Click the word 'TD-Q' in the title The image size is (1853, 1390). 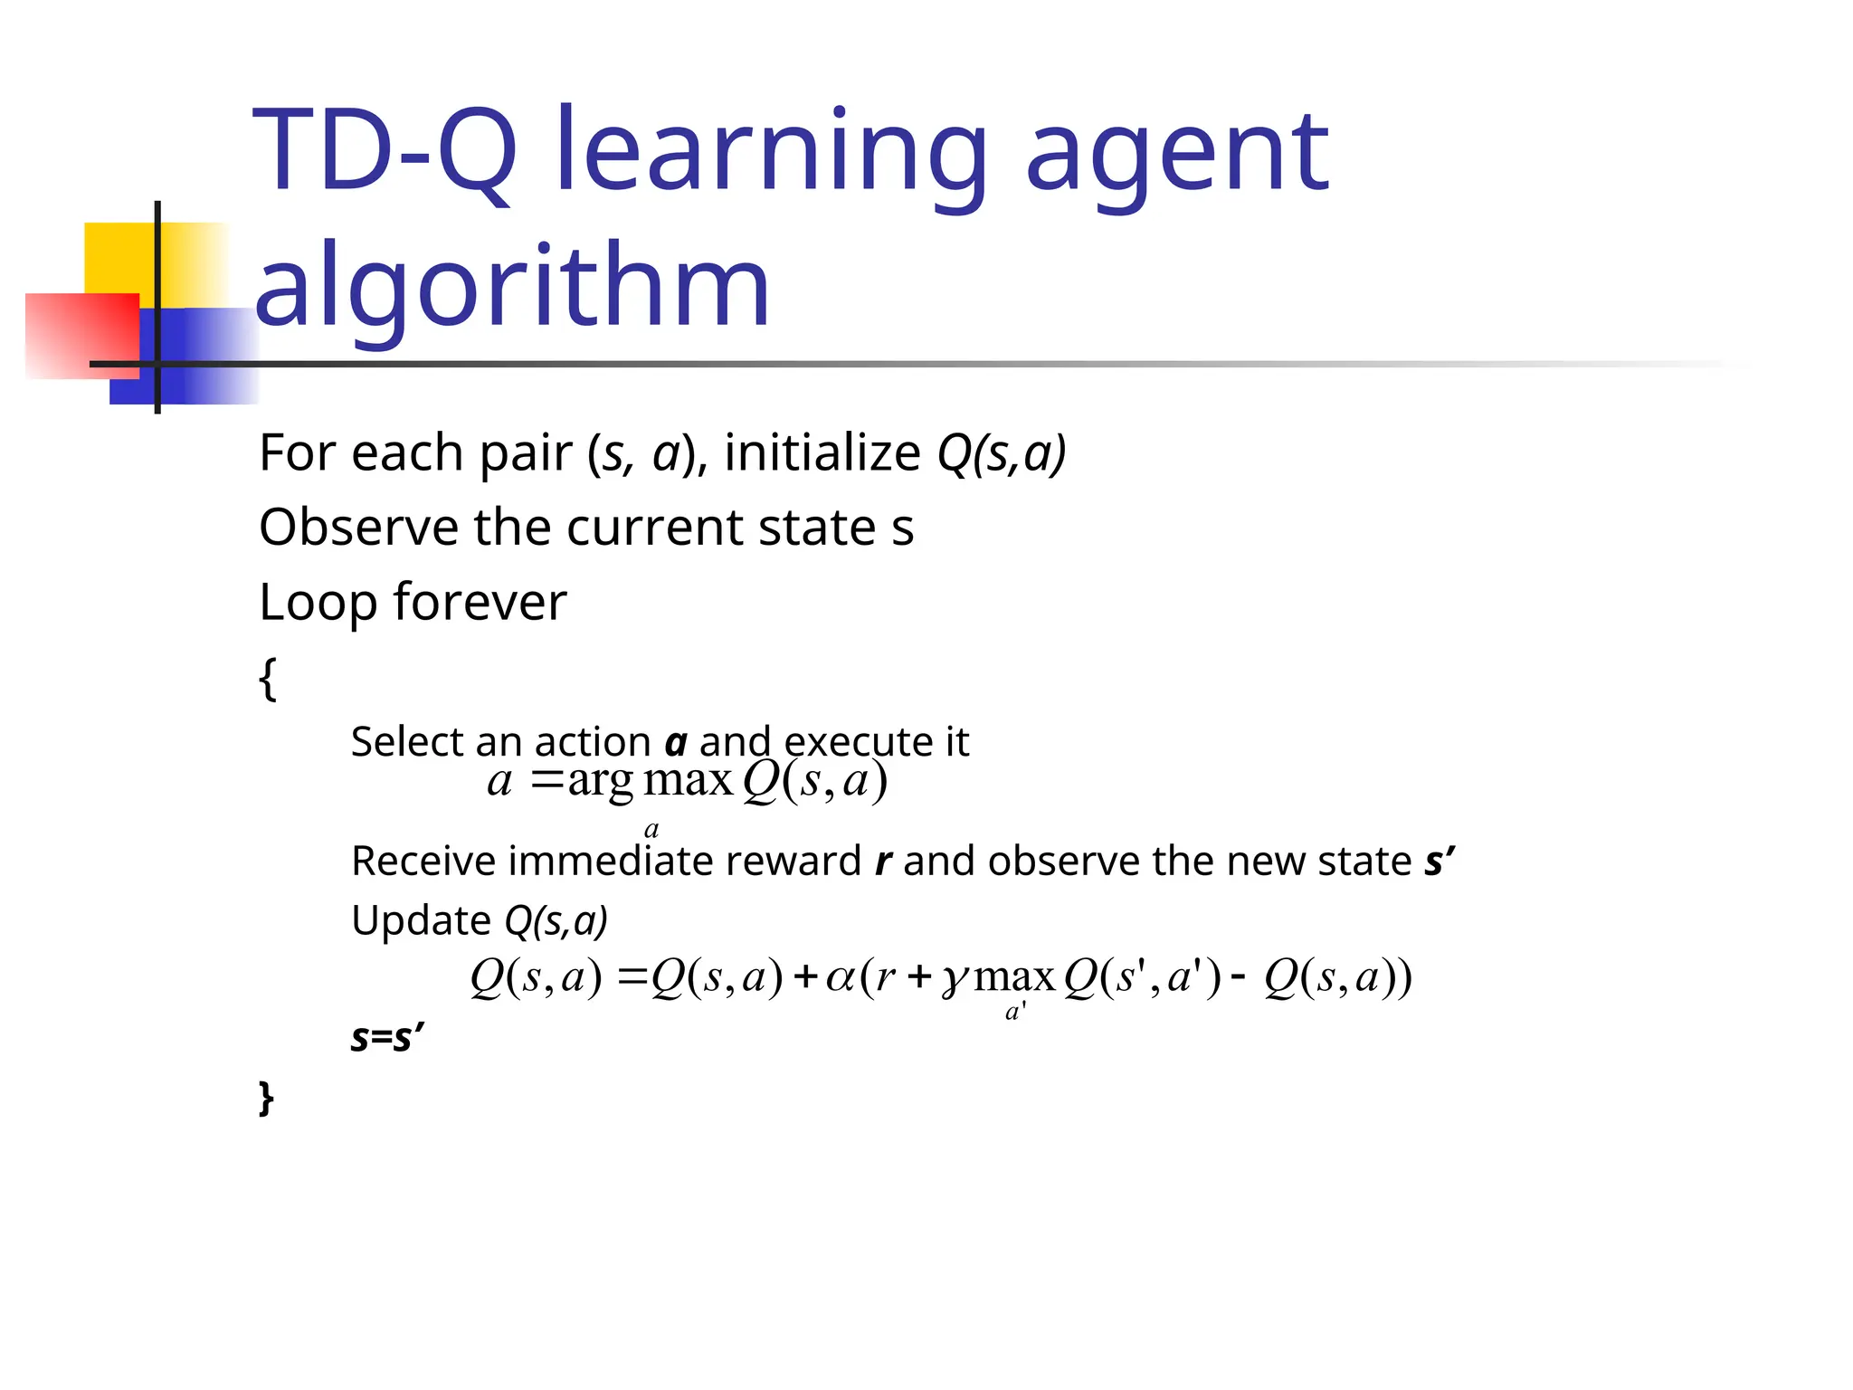point(384,152)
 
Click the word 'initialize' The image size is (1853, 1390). point(822,452)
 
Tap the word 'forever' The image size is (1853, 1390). point(480,602)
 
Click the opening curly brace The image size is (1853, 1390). point(268,679)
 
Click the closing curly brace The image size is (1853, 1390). point(266,1097)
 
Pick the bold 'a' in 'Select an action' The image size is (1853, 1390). point(676,744)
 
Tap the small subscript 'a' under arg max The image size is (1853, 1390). point(651,829)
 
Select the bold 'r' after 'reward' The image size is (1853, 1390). point(883,862)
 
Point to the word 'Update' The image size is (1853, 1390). point(421,920)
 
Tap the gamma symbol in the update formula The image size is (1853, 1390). point(955,981)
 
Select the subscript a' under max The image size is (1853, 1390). point(1015,1012)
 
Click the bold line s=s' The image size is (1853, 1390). point(387,1037)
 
